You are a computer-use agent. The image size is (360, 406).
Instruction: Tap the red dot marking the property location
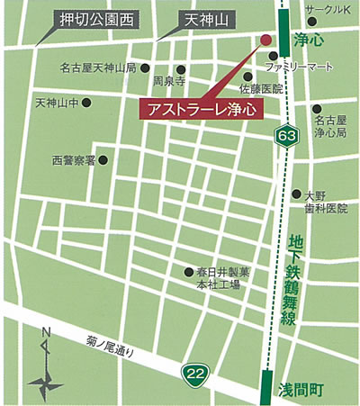265,40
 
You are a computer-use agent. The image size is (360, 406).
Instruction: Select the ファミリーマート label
311,68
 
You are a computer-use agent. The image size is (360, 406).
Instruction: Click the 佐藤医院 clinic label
261,89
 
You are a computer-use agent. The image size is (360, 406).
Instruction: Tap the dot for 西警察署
102,161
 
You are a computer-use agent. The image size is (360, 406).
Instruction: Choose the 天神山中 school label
57,103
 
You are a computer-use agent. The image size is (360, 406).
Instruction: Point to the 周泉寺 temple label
169,80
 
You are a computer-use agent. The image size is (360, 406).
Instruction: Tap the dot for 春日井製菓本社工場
187,271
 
